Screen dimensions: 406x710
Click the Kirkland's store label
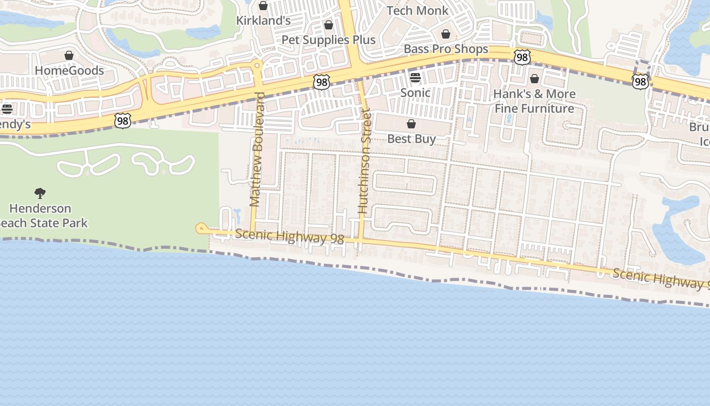[x=264, y=20]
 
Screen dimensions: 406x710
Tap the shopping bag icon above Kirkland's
[x=263, y=6]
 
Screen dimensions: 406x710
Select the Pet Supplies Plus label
[x=328, y=40]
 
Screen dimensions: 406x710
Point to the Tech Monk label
[x=417, y=11]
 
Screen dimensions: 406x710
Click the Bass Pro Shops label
[x=446, y=49]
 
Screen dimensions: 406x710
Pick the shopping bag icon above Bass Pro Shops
[x=446, y=35]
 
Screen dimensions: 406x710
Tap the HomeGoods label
[x=69, y=71]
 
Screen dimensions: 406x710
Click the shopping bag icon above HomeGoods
[x=69, y=55]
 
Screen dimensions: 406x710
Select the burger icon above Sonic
[x=415, y=78]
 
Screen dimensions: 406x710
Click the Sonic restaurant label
[x=415, y=92]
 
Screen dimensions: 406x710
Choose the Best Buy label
[x=411, y=139]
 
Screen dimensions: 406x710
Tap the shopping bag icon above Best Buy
[x=411, y=124]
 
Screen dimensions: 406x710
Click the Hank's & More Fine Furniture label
[x=535, y=101]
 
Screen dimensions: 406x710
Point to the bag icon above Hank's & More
[x=535, y=79]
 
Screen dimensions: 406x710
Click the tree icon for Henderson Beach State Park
[x=40, y=193]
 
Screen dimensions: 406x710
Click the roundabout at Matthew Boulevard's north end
[x=257, y=65]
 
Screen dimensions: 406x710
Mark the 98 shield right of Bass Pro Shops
[x=522, y=57]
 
